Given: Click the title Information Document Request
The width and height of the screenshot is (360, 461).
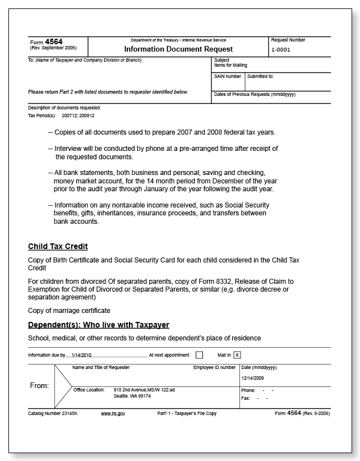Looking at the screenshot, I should click(x=178, y=49).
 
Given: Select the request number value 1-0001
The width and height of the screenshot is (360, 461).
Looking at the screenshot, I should click(x=280, y=50).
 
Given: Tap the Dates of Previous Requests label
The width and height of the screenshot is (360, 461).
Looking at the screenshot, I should click(x=255, y=94).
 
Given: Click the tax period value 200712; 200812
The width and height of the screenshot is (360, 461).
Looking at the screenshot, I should click(x=78, y=115).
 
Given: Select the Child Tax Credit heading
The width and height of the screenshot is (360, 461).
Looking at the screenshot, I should click(x=58, y=246).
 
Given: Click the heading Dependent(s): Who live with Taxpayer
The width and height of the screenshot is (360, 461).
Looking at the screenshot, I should click(x=98, y=325).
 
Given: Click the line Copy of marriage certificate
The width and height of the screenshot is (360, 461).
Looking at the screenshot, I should click(x=69, y=310).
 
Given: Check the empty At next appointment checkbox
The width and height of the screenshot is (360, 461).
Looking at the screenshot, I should click(x=199, y=355).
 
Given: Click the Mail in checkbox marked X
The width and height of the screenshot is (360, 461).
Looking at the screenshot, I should click(x=237, y=355).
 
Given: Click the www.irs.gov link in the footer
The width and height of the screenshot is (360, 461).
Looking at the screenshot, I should click(x=113, y=413).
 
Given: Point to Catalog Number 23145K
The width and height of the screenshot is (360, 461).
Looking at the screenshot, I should click(x=54, y=413).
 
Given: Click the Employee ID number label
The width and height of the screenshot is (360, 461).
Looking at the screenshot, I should click(x=214, y=367).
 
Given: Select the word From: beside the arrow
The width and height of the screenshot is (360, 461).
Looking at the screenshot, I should click(x=39, y=386).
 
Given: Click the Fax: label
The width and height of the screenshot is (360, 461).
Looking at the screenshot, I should click(x=246, y=398).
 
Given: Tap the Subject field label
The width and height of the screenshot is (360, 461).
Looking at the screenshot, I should click(x=221, y=60).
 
